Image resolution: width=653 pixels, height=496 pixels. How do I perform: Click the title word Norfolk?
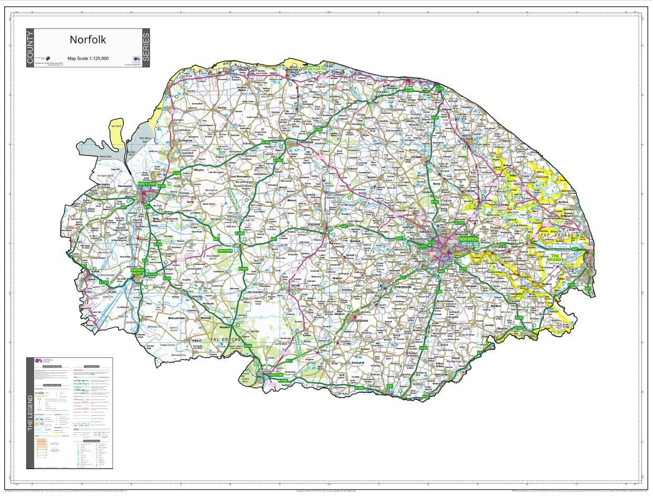pyautogui.click(x=88, y=40)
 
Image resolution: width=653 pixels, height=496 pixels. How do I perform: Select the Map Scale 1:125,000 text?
pyautogui.click(x=88, y=58)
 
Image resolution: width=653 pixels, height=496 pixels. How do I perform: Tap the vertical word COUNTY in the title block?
pyautogui.click(x=30, y=48)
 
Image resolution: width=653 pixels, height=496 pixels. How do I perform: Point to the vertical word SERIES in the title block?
pyautogui.click(x=146, y=48)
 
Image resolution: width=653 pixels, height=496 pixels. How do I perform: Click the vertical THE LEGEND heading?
pyautogui.click(x=30, y=413)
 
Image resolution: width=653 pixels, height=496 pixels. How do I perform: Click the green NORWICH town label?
pyautogui.click(x=468, y=239)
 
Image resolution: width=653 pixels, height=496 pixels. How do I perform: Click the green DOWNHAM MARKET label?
pyautogui.click(x=137, y=271)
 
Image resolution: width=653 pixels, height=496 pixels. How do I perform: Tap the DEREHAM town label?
pyautogui.click(x=314, y=224)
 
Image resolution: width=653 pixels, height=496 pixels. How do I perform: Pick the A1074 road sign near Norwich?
pyautogui.click(x=422, y=246)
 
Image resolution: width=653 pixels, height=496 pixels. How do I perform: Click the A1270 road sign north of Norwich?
pyautogui.click(x=459, y=223)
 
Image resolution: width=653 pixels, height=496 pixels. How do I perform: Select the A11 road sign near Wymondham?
pyautogui.click(x=403, y=277)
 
